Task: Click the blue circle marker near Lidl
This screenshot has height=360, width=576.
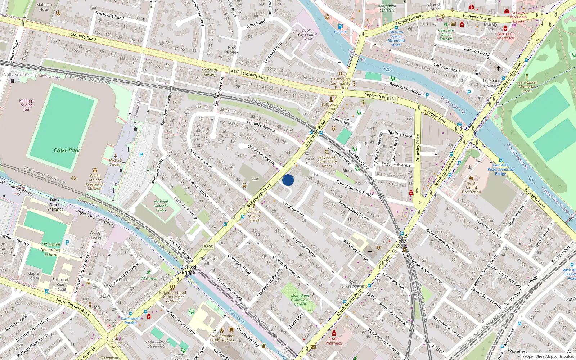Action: pyautogui.click(x=288, y=180)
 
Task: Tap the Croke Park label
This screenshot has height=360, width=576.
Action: pyautogui.click(x=67, y=150)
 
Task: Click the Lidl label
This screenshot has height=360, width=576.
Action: pyautogui.click(x=255, y=179)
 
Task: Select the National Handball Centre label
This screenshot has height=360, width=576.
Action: pyautogui.click(x=161, y=206)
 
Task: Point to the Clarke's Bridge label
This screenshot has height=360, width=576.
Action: pyautogui.click(x=188, y=270)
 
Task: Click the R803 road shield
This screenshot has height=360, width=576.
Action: pyautogui.click(x=208, y=247)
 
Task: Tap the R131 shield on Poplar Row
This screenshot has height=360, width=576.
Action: pyautogui.click(x=391, y=98)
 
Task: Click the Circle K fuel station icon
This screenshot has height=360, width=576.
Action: pyautogui.click(x=340, y=26)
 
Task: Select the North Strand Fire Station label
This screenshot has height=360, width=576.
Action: pyautogui.click(x=471, y=188)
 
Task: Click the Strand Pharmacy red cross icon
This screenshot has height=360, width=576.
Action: pyautogui.click(x=334, y=333)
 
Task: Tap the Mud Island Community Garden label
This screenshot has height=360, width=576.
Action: pyautogui.click(x=300, y=300)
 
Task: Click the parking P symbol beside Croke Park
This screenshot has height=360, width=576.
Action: pyautogui.click(x=141, y=155)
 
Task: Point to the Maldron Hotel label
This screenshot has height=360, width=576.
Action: pyautogui.click(x=44, y=7)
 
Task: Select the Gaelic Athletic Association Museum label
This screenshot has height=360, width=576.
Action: pyautogui.click(x=95, y=182)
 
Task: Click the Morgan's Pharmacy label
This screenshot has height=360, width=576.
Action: pyautogui.click(x=505, y=36)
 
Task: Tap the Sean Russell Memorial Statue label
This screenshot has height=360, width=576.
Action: pyautogui.click(x=527, y=86)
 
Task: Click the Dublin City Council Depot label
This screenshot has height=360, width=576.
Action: pyautogui.click(x=307, y=35)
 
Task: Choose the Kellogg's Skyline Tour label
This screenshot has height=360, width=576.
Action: pyautogui.click(x=27, y=105)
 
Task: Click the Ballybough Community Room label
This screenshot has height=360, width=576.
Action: pyautogui.click(x=327, y=162)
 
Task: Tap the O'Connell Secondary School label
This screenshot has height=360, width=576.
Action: pyautogui.click(x=51, y=249)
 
